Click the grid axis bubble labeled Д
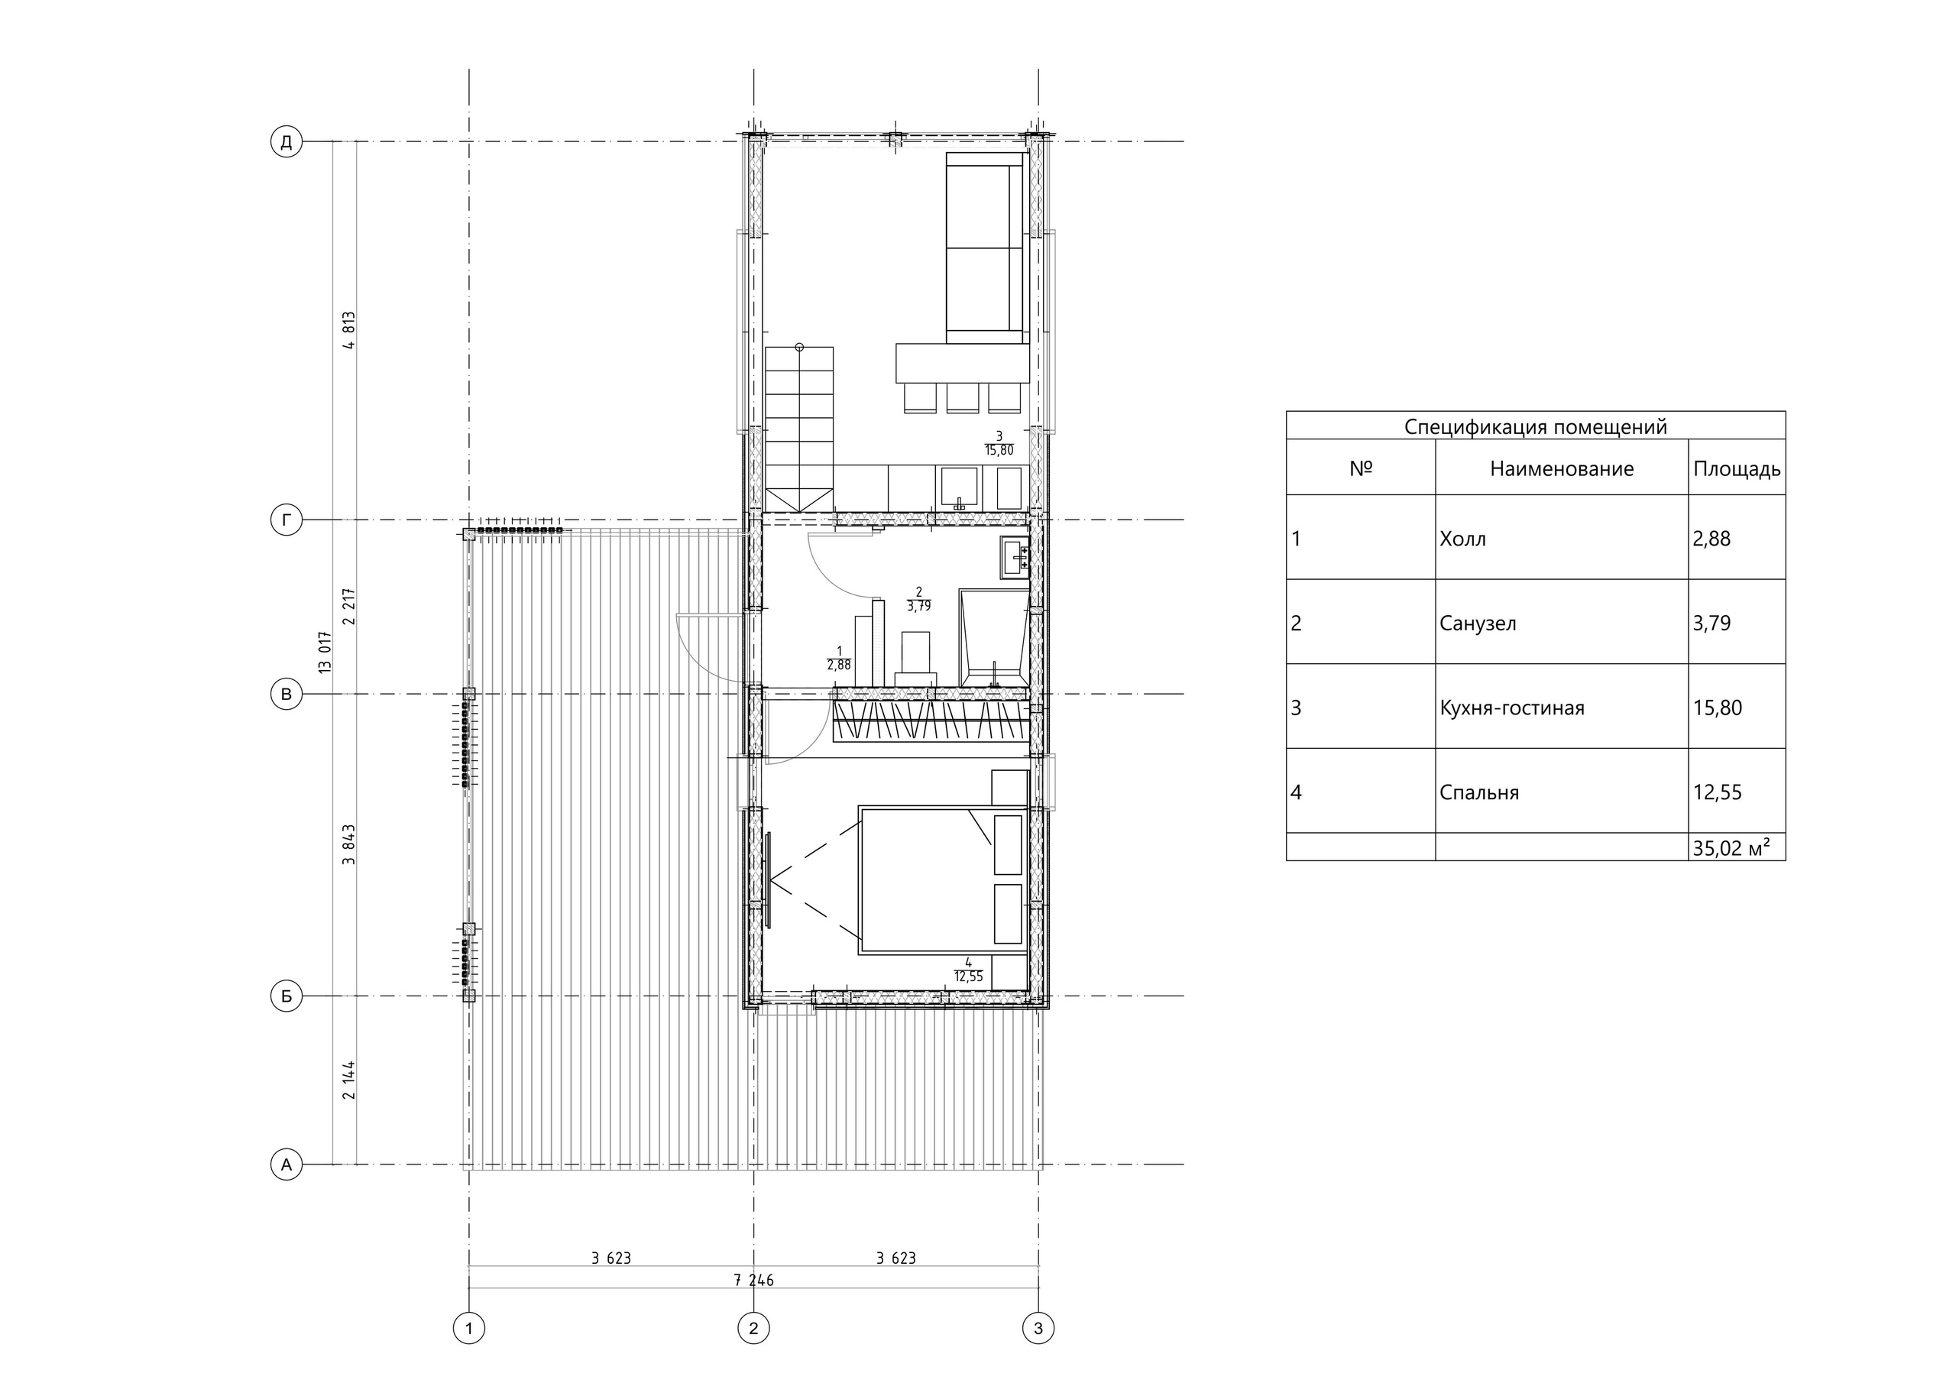[x=287, y=141]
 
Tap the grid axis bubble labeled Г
[x=287, y=520]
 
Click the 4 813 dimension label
[x=348, y=331]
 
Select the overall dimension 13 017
[x=325, y=653]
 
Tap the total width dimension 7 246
[x=753, y=1281]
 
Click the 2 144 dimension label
[x=348, y=1080]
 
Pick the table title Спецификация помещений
[x=1535, y=427]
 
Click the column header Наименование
[x=1562, y=468]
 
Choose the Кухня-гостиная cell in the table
[x=1512, y=708]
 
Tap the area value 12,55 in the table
[x=1718, y=792]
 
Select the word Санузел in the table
[x=1478, y=623]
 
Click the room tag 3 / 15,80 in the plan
[x=999, y=444]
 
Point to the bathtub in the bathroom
[x=993, y=637]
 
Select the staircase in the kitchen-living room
[x=799, y=429]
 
